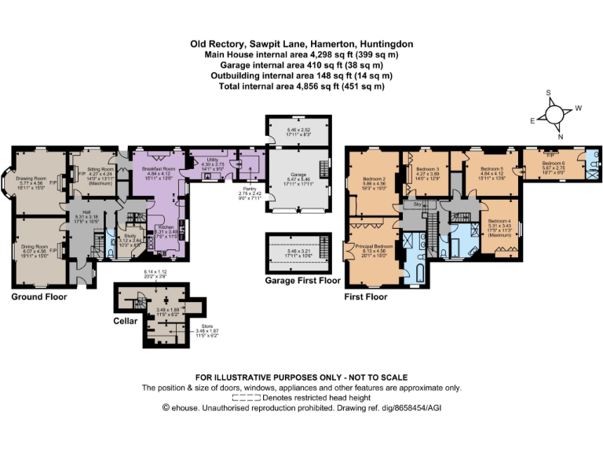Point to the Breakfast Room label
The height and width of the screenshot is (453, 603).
pyautogui.click(x=157, y=168)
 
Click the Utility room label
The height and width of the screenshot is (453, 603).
pyautogui.click(x=213, y=158)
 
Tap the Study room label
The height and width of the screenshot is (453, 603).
pyautogui.click(x=130, y=235)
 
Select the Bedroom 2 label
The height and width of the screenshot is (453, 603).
pyautogui.click(x=374, y=179)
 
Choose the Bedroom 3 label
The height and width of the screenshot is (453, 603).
pyautogui.click(x=427, y=169)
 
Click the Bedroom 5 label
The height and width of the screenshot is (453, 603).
pyautogui.click(x=492, y=168)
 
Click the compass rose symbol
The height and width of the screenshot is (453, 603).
pyautogui.click(x=556, y=114)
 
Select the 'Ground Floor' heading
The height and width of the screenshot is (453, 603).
pyautogui.click(x=38, y=297)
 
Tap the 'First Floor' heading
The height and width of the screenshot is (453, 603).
pyautogui.click(x=366, y=297)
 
